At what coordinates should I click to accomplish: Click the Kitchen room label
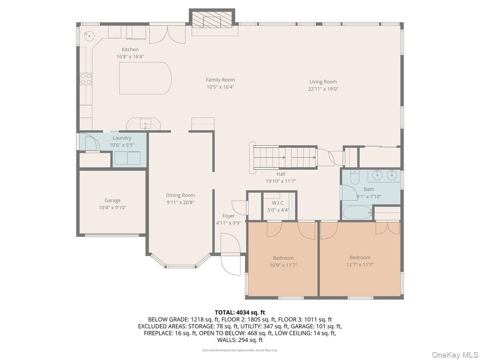[x=130, y=49]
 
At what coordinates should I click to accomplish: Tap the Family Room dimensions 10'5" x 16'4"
[x=220, y=87]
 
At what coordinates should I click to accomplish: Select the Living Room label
[x=323, y=82]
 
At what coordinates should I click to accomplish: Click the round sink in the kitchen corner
[x=89, y=36]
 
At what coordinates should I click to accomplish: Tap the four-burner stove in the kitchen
[x=86, y=79]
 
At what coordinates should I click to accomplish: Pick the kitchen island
[x=145, y=78]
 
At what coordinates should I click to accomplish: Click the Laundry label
[x=122, y=138]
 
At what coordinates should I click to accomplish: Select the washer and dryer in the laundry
[x=128, y=158]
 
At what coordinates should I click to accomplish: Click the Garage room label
[x=112, y=200]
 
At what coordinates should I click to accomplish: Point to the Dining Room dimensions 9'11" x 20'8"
[x=180, y=202]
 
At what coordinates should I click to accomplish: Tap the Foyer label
[x=228, y=216]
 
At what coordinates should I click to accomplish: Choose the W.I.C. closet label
[x=278, y=203]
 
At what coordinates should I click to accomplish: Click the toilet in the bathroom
[x=355, y=177]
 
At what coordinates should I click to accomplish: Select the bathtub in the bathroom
[x=357, y=212]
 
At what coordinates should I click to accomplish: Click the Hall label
[x=281, y=174]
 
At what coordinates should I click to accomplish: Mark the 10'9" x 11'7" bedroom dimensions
[x=283, y=265]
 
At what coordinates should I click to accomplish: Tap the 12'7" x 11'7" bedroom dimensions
[x=360, y=265]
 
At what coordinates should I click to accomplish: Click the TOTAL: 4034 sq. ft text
[x=240, y=312]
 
